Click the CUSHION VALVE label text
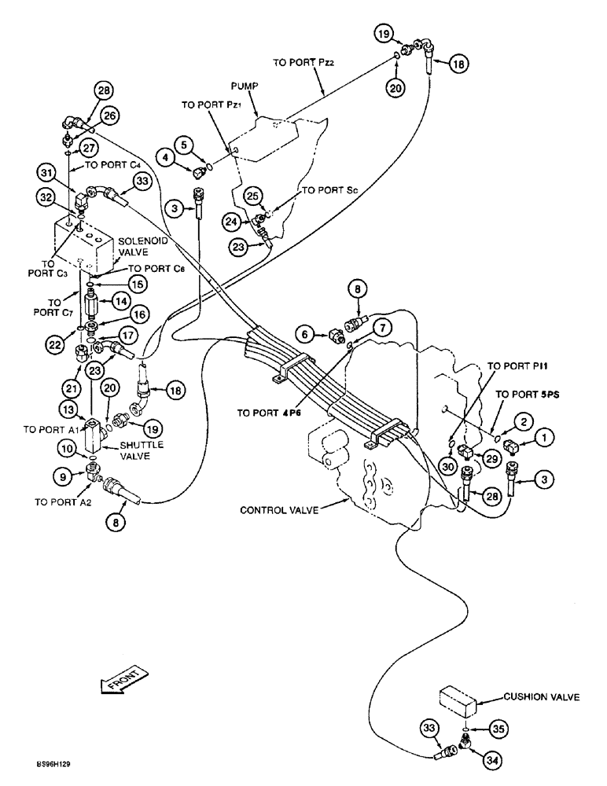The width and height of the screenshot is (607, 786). pyautogui.click(x=543, y=696)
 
